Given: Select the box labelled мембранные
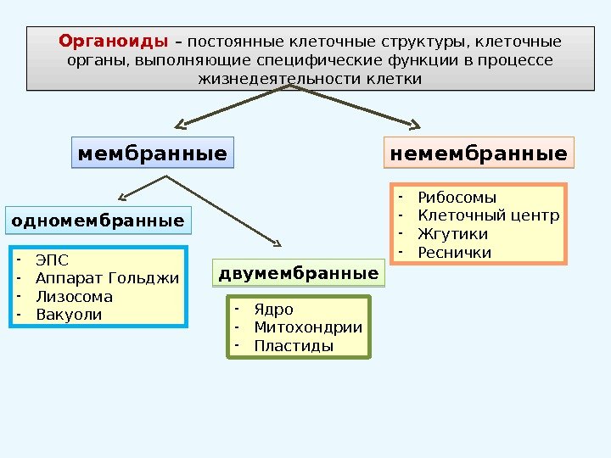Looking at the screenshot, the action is click(153, 154).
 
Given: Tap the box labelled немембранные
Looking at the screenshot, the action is click(479, 154).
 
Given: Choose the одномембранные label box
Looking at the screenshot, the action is click(98, 221).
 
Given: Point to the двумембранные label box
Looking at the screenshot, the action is click(299, 274).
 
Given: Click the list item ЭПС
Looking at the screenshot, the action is click(53, 260).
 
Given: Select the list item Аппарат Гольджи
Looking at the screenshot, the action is click(108, 278).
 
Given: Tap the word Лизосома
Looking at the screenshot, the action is click(74, 297).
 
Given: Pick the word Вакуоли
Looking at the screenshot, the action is click(69, 315).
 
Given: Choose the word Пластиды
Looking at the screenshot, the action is click(294, 346).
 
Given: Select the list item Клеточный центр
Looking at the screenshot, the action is click(489, 215).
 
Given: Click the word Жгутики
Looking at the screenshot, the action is click(453, 234).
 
